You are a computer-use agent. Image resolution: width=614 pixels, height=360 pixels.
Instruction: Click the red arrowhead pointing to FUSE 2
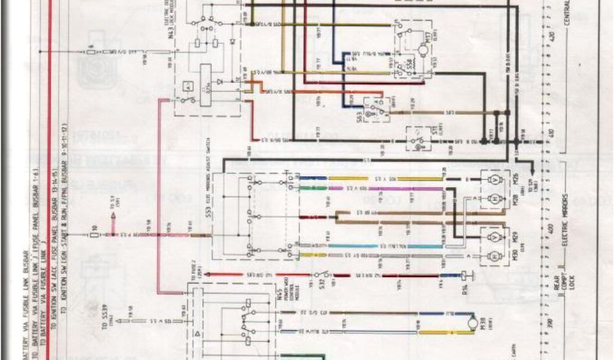pyautogui.click(x=206, y=275)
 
